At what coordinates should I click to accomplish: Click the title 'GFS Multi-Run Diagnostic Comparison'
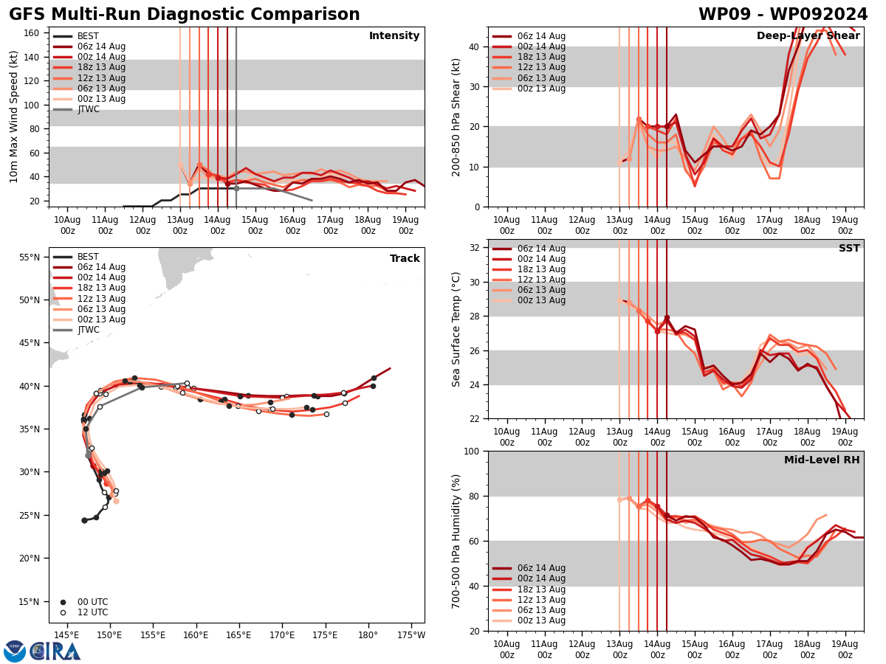(185, 15)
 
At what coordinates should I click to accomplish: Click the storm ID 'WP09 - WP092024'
(783, 15)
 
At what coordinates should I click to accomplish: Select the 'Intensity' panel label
(394, 36)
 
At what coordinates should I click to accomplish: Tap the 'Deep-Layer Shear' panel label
(808, 36)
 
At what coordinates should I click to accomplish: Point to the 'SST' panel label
(849, 249)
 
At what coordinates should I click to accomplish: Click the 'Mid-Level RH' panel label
(822, 460)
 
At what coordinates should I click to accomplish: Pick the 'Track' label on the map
(405, 259)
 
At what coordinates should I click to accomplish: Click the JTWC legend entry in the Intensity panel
(88, 109)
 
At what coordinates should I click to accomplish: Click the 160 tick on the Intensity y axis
(32, 33)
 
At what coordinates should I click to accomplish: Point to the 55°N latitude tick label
(29, 257)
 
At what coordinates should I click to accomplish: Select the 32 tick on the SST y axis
(477, 248)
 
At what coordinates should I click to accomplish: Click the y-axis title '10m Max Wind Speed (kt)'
(14, 117)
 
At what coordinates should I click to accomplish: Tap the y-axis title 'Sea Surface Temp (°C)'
(456, 329)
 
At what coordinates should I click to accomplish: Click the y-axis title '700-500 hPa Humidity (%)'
(456, 541)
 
